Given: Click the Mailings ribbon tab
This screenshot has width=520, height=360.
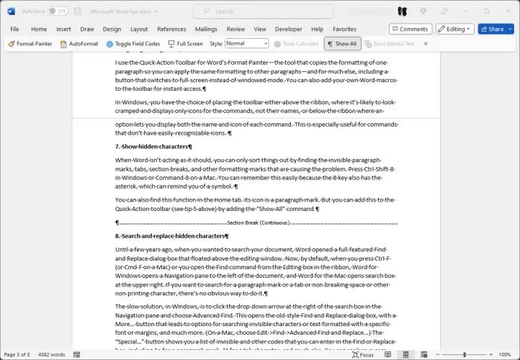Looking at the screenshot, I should (x=206, y=29).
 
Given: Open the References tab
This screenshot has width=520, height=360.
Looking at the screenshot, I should (x=171, y=29).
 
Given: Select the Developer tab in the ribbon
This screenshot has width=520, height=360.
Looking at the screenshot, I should (x=288, y=29).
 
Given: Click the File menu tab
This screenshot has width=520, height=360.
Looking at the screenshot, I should (x=14, y=29).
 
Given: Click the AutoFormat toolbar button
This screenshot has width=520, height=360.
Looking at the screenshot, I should (x=79, y=44).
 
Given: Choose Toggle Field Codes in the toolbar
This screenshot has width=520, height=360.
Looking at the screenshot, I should (x=133, y=44).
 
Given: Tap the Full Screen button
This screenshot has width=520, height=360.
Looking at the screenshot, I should (x=185, y=44).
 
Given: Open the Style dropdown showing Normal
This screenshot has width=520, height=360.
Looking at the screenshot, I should (x=246, y=44).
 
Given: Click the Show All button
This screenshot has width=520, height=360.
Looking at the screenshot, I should (x=341, y=44).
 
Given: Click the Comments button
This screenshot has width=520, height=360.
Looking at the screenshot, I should (x=411, y=29).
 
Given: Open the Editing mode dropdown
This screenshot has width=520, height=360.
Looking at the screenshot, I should (x=455, y=29).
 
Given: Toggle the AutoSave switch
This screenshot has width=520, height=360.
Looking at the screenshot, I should (x=58, y=12).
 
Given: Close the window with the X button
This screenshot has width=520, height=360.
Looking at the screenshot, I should (x=507, y=11).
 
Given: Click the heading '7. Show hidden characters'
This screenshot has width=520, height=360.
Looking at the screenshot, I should (x=153, y=146).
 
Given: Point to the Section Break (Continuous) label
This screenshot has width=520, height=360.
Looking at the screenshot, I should (x=258, y=222).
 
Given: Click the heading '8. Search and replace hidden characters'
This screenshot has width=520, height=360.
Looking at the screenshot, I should (x=171, y=235).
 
